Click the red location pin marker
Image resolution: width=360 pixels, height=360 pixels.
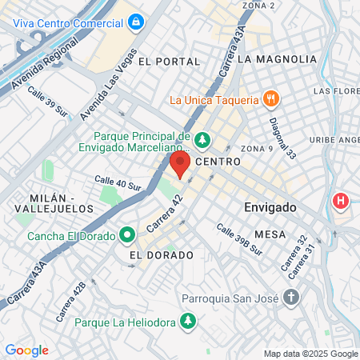[x=180, y=166]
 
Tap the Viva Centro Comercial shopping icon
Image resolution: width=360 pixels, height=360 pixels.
[x=136, y=21]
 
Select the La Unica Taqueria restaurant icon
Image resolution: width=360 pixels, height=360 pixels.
[x=272, y=100]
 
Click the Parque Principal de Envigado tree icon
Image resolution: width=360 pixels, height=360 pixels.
[x=203, y=141]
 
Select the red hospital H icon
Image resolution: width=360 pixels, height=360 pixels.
[x=342, y=200]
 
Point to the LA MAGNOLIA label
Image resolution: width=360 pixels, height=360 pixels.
[x=272, y=58]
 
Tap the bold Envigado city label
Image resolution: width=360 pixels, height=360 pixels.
[x=270, y=207]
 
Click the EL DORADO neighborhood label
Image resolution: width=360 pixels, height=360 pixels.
[x=162, y=255]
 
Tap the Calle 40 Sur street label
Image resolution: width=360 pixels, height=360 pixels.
[x=118, y=183]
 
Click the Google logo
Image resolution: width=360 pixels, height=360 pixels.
[x=26, y=350]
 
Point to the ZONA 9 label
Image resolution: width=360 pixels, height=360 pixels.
[x=257, y=149]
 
